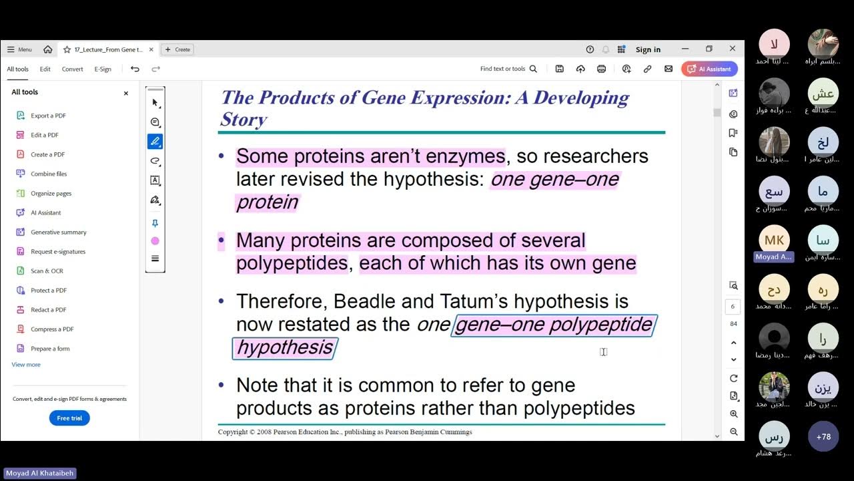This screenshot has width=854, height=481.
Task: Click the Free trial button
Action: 69,418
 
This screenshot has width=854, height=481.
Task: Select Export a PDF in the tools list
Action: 48,116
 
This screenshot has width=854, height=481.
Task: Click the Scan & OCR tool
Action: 46,271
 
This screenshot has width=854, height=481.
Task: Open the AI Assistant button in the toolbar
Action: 710,69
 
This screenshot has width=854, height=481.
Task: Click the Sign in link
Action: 648,49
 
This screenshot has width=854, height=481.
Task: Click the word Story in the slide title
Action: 244,120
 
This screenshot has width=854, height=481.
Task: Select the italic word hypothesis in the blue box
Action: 284,347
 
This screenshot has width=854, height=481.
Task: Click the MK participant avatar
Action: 774,240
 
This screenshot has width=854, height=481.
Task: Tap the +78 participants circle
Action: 823,437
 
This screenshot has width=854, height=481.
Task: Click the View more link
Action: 26,365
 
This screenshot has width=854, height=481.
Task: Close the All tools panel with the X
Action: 125,94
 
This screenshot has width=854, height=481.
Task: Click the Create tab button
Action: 177,49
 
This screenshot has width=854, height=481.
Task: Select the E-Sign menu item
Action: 103,69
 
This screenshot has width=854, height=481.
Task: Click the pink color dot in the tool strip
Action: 155,241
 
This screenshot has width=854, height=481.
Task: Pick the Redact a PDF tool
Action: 48,310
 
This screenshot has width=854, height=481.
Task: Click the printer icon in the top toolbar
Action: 601,69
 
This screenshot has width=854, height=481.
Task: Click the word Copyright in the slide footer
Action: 233,432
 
